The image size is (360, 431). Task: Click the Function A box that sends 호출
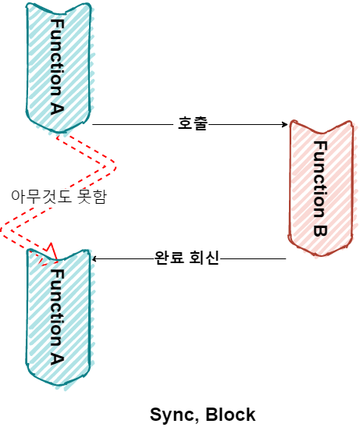point(59,67)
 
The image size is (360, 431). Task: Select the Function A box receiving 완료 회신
point(59,319)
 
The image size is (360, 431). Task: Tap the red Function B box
point(321,188)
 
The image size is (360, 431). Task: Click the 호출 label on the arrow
point(192,123)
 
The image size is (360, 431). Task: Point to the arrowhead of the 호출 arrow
point(285,124)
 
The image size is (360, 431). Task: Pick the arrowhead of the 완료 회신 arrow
point(94,258)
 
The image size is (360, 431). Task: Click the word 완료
point(169,258)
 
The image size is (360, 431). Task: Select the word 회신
point(204,258)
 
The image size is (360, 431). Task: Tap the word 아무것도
point(41,197)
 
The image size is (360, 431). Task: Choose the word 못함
point(92,197)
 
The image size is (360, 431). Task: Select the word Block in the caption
point(230,415)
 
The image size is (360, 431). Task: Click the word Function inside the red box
point(320,180)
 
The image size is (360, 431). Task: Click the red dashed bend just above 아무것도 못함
point(115,167)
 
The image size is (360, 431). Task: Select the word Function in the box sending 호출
point(57,57)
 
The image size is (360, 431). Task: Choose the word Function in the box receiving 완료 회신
point(57,308)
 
